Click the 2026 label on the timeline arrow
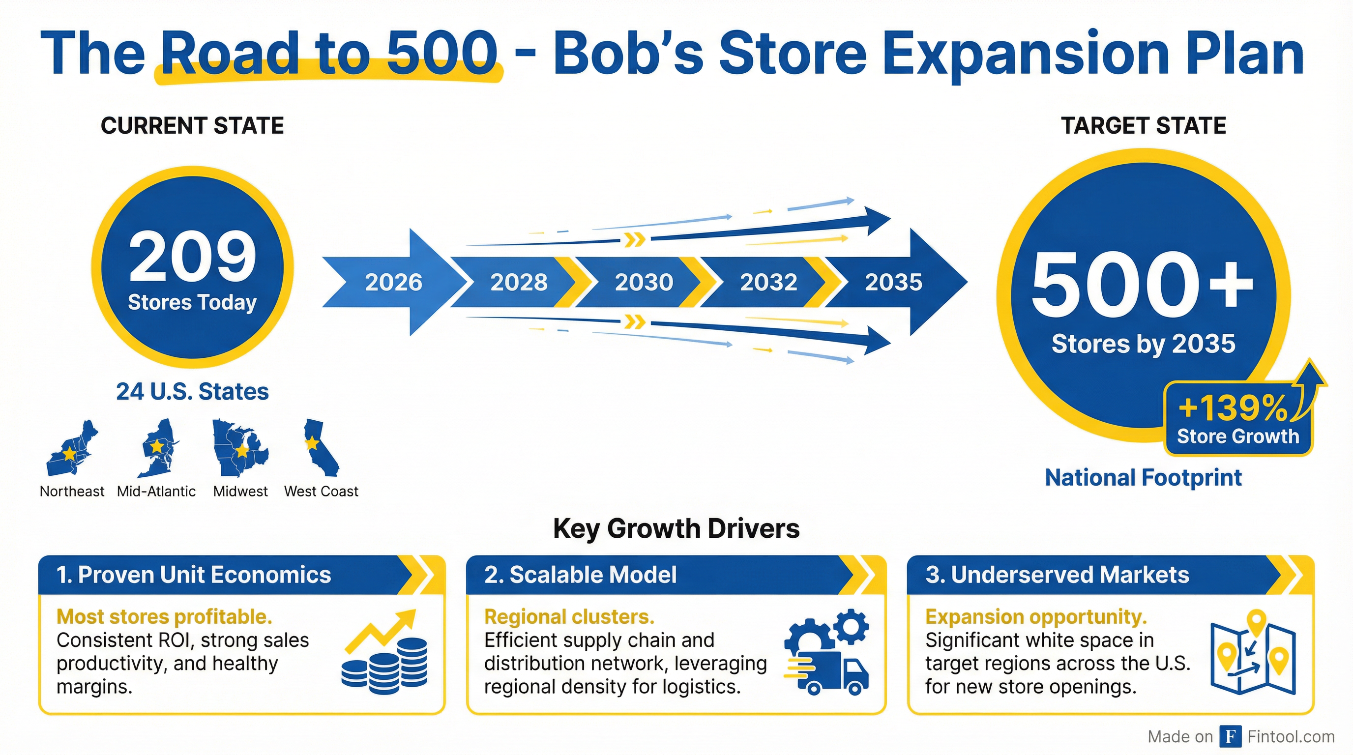click(393, 282)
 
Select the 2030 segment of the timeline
click(644, 282)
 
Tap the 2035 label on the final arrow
click(893, 282)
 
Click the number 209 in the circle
click(192, 257)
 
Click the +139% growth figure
click(1232, 408)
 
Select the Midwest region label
click(240, 492)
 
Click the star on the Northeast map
click(69, 453)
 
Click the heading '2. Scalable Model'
click(580, 575)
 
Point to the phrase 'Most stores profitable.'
click(164, 616)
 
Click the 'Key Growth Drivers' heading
click(676, 528)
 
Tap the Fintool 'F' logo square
click(1230, 736)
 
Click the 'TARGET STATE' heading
click(1144, 126)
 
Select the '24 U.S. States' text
click(192, 392)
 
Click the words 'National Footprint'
click(1143, 478)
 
